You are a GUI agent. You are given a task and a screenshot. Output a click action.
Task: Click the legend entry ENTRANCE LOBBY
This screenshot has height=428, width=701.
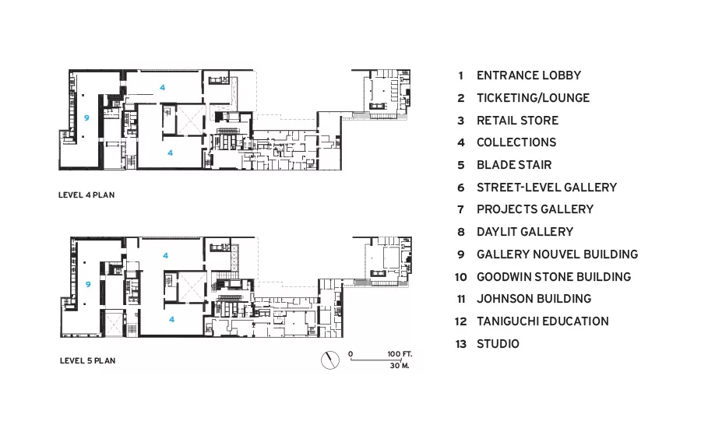528,75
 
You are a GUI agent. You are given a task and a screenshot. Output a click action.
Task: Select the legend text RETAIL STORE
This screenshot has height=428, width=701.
517,120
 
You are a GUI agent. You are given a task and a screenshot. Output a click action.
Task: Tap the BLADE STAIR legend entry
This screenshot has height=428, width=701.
514,165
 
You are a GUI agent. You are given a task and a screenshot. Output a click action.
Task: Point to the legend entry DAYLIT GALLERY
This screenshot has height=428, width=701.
525,232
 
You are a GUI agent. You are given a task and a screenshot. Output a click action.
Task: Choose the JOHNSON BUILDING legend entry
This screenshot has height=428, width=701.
534,299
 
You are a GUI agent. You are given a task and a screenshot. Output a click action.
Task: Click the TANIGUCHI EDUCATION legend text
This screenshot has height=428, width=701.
542,321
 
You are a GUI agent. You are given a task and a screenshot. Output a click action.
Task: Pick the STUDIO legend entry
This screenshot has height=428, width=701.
498,343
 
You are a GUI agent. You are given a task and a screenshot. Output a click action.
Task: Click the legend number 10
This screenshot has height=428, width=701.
461,277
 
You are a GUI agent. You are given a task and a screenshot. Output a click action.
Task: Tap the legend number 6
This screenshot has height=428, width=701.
461,188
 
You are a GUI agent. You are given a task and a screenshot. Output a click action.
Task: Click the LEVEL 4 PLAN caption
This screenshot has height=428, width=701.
86,195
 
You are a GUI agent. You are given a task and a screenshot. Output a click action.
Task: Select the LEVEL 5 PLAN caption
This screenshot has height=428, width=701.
87,360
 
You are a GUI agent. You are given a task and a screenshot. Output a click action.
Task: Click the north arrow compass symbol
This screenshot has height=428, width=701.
330,360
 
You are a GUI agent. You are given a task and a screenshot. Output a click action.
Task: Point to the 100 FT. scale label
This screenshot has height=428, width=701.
400,354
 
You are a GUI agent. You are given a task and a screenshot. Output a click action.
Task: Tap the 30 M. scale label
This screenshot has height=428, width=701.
400,366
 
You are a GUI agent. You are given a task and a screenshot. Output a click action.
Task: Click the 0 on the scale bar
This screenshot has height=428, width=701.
350,354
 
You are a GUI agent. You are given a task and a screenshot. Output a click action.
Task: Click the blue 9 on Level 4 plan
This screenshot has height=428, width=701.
86,118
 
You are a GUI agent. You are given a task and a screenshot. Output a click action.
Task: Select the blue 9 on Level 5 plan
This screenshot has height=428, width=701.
88,284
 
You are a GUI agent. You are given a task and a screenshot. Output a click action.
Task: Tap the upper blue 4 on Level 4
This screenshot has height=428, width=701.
162,88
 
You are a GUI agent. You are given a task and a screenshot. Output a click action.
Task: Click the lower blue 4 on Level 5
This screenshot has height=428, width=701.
171,319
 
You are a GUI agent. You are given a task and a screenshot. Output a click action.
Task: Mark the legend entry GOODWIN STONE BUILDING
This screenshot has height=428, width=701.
554,277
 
